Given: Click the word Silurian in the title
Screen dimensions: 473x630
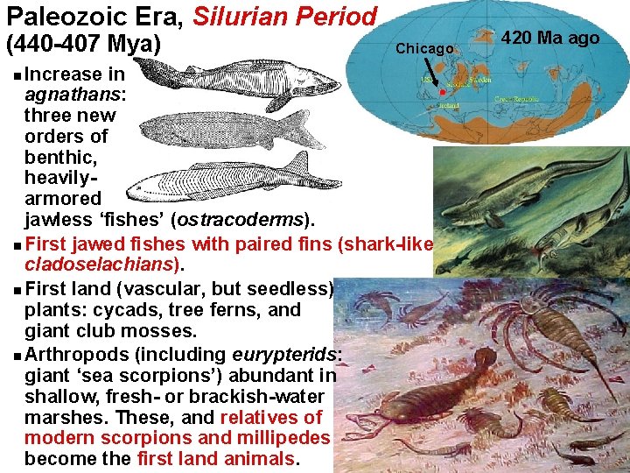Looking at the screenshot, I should pos(241,16).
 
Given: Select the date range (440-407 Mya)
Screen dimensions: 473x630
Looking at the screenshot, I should pos(83,43).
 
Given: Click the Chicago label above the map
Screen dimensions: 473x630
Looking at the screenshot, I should pos(424,48).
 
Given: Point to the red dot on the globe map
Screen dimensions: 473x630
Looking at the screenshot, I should pos(442,92).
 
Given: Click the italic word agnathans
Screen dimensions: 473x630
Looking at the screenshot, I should pos(74,94).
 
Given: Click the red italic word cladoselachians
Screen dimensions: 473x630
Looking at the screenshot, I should pos(103,264).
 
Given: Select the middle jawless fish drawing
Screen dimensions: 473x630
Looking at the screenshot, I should pos(223,130).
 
